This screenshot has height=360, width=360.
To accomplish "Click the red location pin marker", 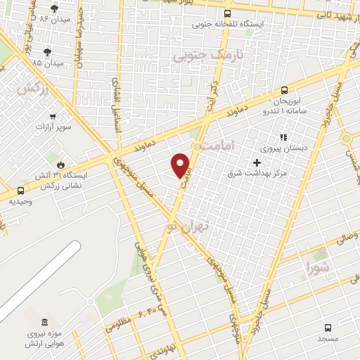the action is [x=181, y=165].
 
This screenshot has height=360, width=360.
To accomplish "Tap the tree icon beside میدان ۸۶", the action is [x=54, y=8].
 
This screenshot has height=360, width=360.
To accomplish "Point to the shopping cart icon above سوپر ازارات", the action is [x=53, y=117].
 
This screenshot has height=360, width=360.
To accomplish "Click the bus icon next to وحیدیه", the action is [x=20, y=190].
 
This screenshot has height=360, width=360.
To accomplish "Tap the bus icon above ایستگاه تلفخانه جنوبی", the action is [x=227, y=13].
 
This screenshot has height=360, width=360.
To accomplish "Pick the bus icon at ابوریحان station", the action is [x=284, y=89].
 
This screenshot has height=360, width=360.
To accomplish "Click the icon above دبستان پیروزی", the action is [x=283, y=138].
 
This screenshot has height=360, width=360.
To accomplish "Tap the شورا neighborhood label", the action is [x=318, y=266].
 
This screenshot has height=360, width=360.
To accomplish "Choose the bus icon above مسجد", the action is [x=328, y=327].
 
